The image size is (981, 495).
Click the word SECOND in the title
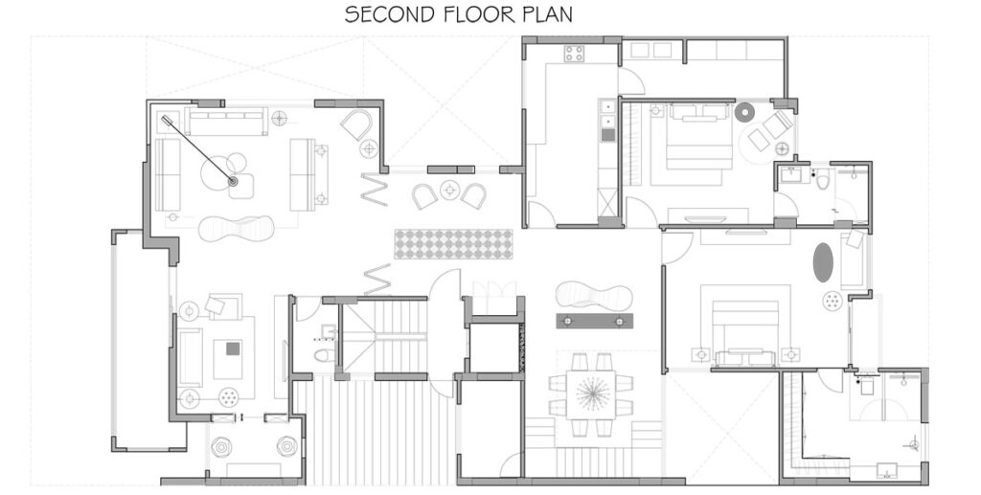(385, 14)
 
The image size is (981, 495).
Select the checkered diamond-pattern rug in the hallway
(453, 244)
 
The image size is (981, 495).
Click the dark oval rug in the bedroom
(823, 262)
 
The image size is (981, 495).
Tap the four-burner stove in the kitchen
(574, 54)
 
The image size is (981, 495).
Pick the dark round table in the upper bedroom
(745, 113)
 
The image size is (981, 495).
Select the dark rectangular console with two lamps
(594, 322)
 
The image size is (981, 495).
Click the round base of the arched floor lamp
(233, 181)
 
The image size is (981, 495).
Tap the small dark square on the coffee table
(233, 349)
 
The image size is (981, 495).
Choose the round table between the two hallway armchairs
(448, 190)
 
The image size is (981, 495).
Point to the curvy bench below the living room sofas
(237, 229)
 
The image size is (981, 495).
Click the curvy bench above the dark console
(594, 295)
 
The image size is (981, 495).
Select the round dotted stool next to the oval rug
(833, 301)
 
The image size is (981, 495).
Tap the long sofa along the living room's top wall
(226, 122)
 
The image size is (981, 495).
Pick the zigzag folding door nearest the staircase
(377, 280)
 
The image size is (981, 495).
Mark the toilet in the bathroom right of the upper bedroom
(823, 180)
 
